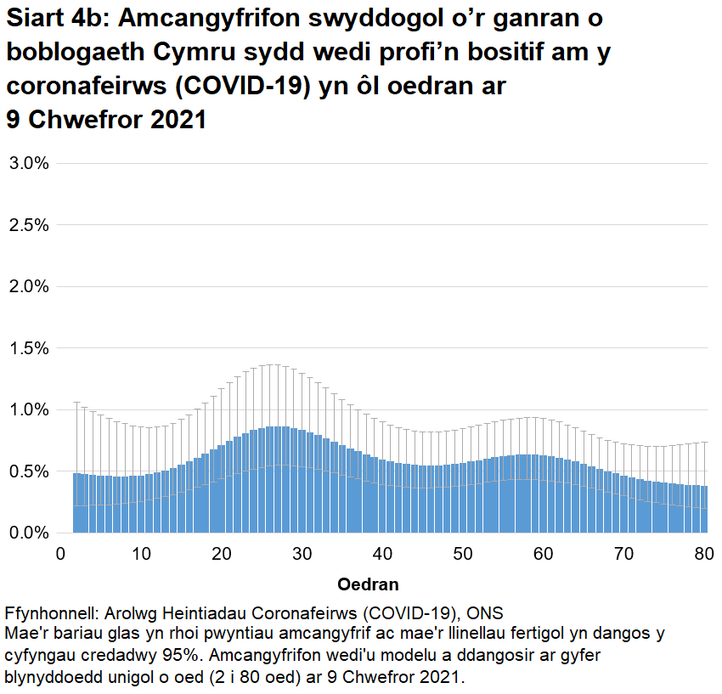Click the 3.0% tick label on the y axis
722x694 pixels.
pyautogui.click(x=28, y=163)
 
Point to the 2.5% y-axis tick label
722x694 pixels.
pyautogui.click(x=28, y=225)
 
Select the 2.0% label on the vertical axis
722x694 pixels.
pyautogui.click(x=28, y=286)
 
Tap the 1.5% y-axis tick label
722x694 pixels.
pyautogui.click(x=28, y=348)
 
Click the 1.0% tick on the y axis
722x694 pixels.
pyautogui.click(x=28, y=409)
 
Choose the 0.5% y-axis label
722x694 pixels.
pyautogui.click(x=28, y=471)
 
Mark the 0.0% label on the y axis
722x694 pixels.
pyautogui.click(x=28, y=533)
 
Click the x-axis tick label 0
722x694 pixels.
pyautogui.click(x=60, y=554)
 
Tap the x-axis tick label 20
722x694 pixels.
pyautogui.click(x=222, y=554)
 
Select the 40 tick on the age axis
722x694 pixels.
pyautogui.click(x=383, y=554)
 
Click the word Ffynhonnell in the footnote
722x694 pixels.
pyautogui.click(x=49, y=614)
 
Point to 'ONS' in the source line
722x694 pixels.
pyautogui.click(x=487, y=614)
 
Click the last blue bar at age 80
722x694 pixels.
pyautogui.click(x=704, y=510)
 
